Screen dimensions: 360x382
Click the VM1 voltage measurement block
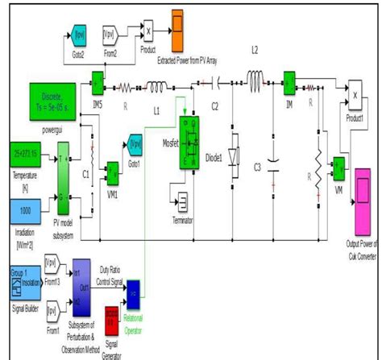pos(111,171)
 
